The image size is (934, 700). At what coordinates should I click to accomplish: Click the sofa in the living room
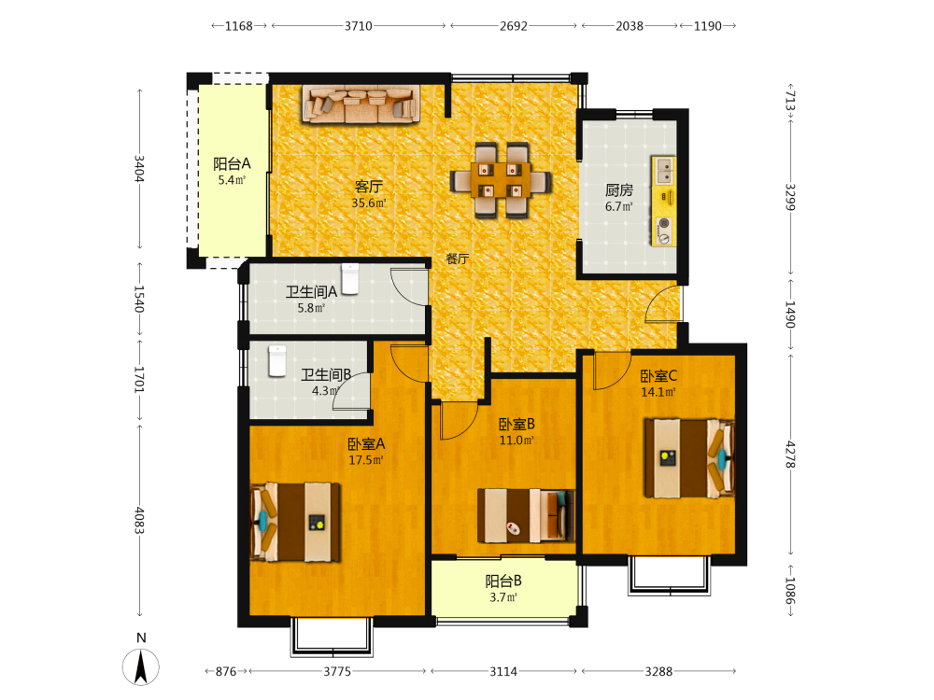pos(361,104)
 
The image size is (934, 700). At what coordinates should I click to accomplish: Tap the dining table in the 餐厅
pos(501,180)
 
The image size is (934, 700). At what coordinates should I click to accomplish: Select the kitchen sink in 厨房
pos(663,170)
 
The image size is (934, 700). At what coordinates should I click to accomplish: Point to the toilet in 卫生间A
pos(350,279)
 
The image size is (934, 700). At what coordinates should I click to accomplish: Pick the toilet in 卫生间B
pos(277,360)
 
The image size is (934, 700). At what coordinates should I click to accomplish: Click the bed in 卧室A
pos(295,522)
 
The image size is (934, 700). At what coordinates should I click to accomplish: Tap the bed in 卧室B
pos(526,515)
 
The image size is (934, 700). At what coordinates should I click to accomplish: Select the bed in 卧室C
pos(689,458)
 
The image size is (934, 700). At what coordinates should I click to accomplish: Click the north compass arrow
pos(141,666)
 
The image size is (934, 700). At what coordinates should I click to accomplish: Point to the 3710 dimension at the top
pos(359,25)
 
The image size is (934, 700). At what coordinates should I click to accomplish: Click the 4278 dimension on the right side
pos(790,455)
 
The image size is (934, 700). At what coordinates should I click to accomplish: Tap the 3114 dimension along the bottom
pos(503,671)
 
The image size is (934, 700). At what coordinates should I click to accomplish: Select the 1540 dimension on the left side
pos(139,299)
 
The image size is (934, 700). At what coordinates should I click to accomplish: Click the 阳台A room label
pos(232,163)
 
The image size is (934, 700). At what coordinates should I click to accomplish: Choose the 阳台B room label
pos(503,581)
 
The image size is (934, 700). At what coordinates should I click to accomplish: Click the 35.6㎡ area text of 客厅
pos(369,203)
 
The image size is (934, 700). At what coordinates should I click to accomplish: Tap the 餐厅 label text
pos(458,259)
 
